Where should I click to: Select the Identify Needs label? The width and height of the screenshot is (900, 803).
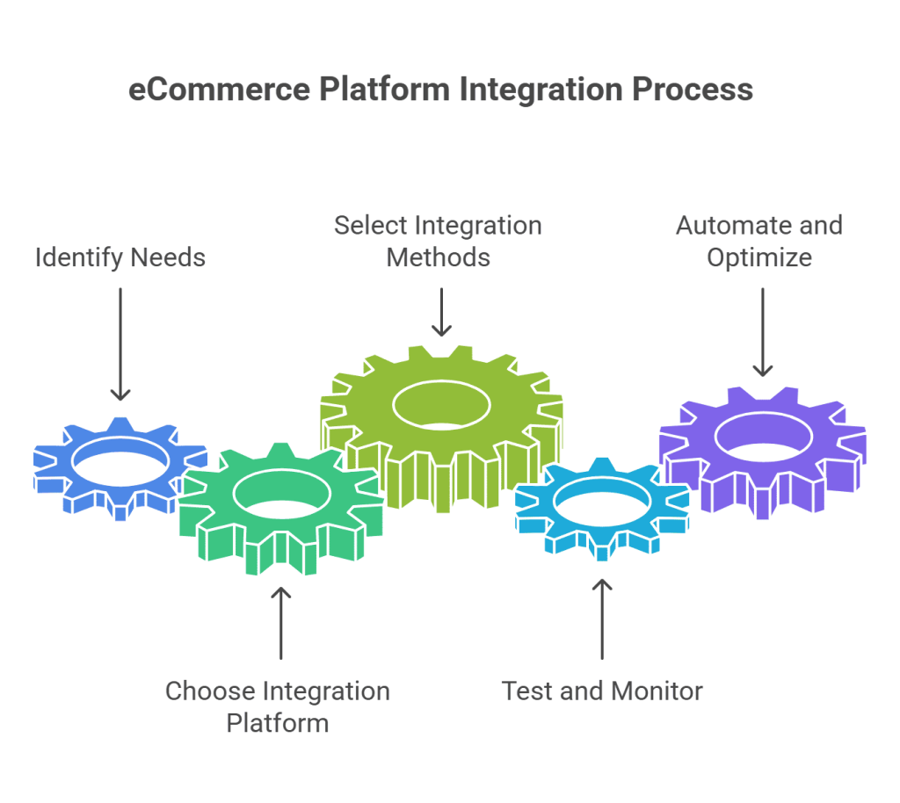point(120,257)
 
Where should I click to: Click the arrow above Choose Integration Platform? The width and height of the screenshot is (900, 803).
point(281,623)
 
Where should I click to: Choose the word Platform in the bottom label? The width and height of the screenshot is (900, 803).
point(278,723)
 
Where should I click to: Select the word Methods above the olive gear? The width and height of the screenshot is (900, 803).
point(439,257)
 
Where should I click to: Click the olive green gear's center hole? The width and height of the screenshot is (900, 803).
point(441,405)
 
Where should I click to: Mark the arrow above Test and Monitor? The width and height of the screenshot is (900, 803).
point(602,619)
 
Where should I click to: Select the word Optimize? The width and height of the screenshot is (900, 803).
point(759,257)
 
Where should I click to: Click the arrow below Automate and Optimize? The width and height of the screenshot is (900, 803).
point(762,331)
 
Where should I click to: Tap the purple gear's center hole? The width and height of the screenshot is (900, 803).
point(762,435)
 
